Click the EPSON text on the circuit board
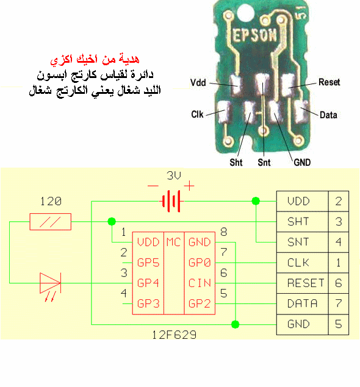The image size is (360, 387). coord(254,35)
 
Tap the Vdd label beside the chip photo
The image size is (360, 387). coord(198,82)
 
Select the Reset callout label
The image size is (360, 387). coord(329,82)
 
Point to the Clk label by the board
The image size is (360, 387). coord(197,115)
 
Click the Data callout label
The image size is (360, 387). coord(328,115)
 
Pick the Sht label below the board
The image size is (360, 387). coord(236,162)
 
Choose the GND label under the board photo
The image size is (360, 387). coord(302,162)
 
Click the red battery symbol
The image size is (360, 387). coord(171,201)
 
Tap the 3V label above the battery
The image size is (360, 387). coord(174,176)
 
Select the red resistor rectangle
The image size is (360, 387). coord(51,222)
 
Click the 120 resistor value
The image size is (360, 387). coord(51,201)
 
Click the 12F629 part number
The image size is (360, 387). coord(174,335)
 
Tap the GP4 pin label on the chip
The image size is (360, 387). coord(148,283)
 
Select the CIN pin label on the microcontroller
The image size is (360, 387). coord(200,283)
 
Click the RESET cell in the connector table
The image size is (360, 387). coord(306,283)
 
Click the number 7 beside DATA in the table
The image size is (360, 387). coord(339,304)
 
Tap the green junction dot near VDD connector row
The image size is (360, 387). coord(256,201)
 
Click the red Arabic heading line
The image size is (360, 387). coord(95,59)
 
